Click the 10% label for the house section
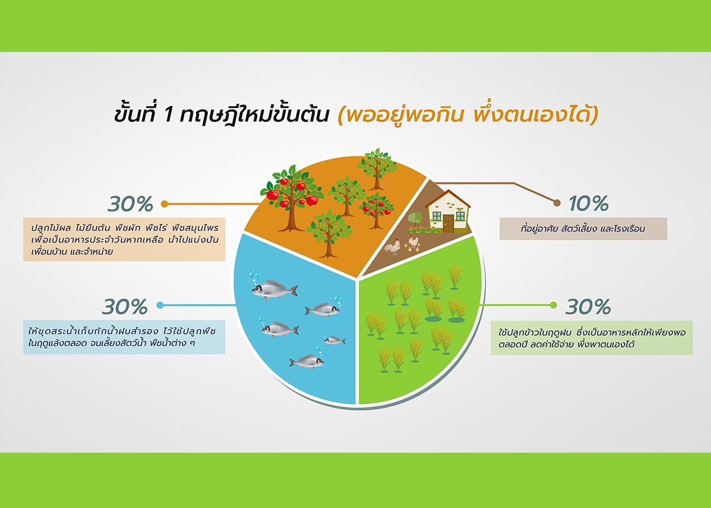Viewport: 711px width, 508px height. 589,204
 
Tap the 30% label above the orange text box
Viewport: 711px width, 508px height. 131,204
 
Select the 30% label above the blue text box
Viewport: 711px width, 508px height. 125,306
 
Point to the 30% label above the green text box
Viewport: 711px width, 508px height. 588,306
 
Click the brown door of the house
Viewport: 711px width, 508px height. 449,224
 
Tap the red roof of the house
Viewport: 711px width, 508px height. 447,199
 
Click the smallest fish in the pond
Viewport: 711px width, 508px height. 335,340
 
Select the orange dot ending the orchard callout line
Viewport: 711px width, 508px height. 164,204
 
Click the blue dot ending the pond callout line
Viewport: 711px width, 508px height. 160,305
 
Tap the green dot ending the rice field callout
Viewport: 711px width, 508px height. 553,305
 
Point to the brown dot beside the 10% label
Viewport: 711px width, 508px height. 557,203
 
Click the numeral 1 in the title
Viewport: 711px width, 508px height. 168,115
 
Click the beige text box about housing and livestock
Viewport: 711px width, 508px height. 583,229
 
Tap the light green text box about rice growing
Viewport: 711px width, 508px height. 591,338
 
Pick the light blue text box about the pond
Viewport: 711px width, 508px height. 124,337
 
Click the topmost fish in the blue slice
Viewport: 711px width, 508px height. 275,289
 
